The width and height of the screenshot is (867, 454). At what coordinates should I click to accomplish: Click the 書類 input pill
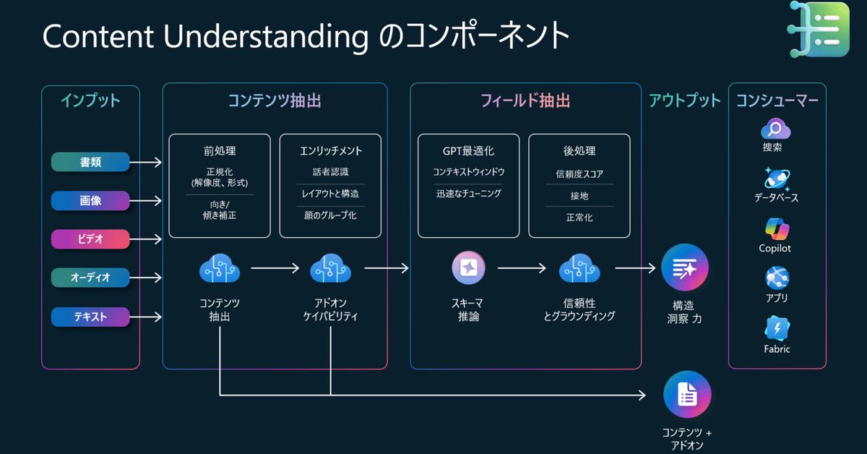[x=90, y=163]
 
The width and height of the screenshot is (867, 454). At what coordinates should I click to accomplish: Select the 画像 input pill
[x=90, y=201]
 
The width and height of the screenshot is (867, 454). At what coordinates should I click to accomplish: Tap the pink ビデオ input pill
[x=90, y=239]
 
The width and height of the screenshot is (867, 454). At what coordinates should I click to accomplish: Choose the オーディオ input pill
[x=90, y=278]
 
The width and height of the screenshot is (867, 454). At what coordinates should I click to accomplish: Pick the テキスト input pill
[x=90, y=317]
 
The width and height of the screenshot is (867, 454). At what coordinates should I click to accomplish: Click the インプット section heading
[x=90, y=100]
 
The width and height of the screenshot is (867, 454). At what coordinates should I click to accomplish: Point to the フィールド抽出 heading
[x=525, y=100]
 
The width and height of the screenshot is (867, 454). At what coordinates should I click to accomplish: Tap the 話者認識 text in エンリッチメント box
[x=329, y=172]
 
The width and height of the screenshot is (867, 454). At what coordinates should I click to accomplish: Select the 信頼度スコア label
[x=579, y=174]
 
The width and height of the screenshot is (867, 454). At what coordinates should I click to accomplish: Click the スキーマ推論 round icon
[x=468, y=268]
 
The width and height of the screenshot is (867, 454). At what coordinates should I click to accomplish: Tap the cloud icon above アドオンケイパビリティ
[x=330, y=268]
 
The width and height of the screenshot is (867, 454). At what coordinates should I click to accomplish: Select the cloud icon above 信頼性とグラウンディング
[x=579, y=268]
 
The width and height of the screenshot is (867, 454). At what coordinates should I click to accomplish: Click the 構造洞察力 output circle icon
[x=684, y=268]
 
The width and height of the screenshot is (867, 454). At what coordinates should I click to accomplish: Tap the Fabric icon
[x=777, y=329]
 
